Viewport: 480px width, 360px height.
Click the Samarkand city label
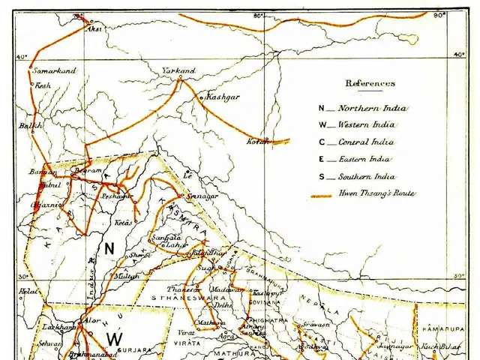[55, 70]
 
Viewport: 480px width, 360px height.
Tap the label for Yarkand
[178, 70]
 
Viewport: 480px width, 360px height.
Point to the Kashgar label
[223, 97]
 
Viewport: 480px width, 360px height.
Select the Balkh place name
[30, 126]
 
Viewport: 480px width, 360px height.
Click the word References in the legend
[370, 83]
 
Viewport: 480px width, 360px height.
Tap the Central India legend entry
[366, 142]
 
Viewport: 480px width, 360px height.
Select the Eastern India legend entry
[366, 159]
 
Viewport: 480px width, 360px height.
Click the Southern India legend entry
[366, 177]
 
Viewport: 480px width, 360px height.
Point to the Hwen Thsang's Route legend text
[377, 194]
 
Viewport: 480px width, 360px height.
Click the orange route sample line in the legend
[320, 195]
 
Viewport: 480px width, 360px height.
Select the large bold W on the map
[114, 339]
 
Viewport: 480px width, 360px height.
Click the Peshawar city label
[117, 196]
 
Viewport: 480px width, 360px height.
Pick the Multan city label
[127, 277]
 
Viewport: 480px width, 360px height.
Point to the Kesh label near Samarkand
[44, 86]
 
